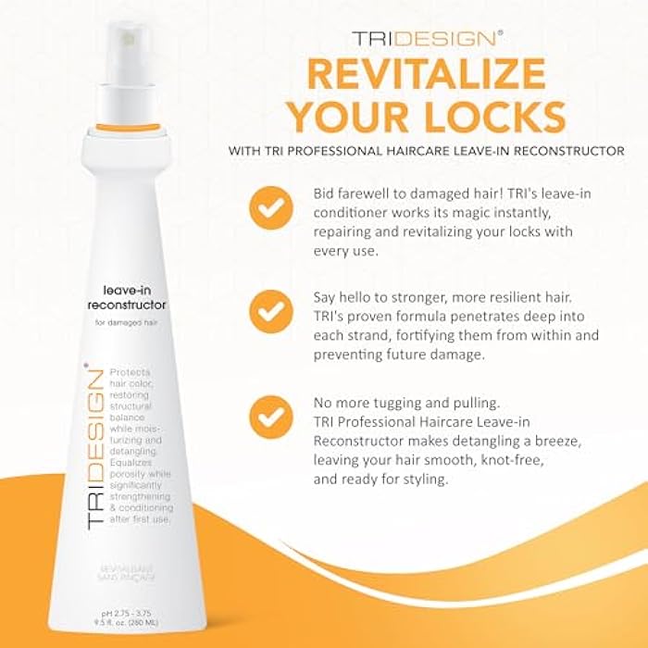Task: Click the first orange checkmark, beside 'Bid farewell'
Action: click(271, 209)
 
